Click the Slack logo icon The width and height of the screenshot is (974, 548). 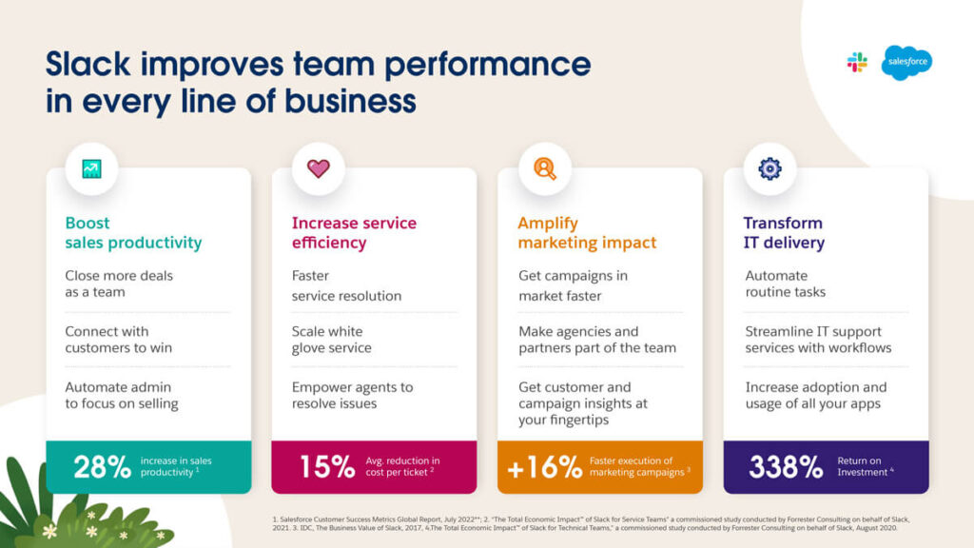857,63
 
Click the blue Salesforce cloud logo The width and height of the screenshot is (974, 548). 906,63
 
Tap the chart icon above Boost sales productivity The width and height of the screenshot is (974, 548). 92,169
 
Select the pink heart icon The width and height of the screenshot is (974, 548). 318,169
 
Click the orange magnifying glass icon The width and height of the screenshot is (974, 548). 544,169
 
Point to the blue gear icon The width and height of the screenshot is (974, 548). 769,169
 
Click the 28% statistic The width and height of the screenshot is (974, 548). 103,466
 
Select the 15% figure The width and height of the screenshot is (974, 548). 328,466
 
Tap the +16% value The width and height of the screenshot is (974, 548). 544,466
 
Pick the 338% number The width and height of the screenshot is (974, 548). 785,466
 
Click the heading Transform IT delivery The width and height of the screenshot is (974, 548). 783,232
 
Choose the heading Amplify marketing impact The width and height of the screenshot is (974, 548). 587,232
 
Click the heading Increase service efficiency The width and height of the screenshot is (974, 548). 354,232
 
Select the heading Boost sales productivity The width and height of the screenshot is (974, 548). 133,232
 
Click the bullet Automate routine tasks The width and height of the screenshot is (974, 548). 786,284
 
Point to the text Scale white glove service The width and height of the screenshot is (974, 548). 334,341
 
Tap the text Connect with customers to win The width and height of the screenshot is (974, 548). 119,341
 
